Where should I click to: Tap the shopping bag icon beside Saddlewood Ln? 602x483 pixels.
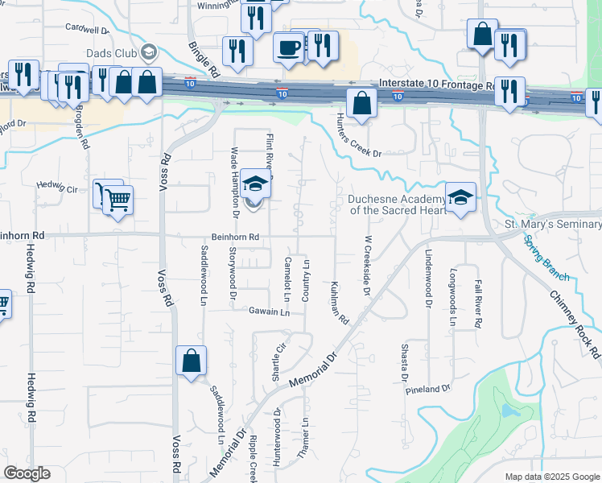[192, 361]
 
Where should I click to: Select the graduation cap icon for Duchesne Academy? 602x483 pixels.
[460, 197]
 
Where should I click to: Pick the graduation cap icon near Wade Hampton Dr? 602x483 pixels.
[255, 184]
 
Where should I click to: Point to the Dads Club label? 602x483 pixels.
[113, 54]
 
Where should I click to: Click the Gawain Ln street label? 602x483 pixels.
[269, 312]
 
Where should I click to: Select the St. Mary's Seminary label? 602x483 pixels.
[552, 224]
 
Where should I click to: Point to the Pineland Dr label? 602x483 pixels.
[427, 390]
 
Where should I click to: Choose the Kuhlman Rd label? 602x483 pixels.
[339, 303]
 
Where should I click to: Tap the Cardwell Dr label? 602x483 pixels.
[88, 30]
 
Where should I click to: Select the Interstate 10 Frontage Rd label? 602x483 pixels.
[437, 84]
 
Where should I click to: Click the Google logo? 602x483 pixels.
[27, 473]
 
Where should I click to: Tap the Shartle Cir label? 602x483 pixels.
[278, 361]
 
